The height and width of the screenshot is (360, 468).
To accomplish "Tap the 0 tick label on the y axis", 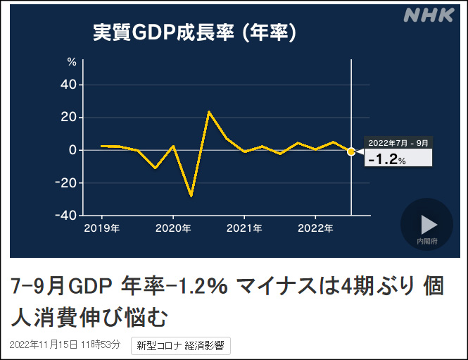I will pos(72,150).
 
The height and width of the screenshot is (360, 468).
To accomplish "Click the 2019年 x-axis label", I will pos(101,228).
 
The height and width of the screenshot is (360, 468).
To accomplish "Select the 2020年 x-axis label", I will pos(173,228).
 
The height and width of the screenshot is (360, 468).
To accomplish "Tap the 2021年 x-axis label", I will pos(244,228).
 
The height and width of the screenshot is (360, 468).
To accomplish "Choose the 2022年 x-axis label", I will pos(315,228).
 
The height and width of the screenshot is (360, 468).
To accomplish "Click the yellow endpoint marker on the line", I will pos(351,151).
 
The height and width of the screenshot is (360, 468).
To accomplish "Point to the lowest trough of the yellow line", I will pos(191,196).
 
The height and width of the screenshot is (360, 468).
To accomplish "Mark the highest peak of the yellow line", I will pos(209,111).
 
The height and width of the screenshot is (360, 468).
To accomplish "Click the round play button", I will pos(426,224).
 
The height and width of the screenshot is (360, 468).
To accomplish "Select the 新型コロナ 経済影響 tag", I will pos(181,346).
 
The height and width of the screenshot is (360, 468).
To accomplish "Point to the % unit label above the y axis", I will pos(72,62).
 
